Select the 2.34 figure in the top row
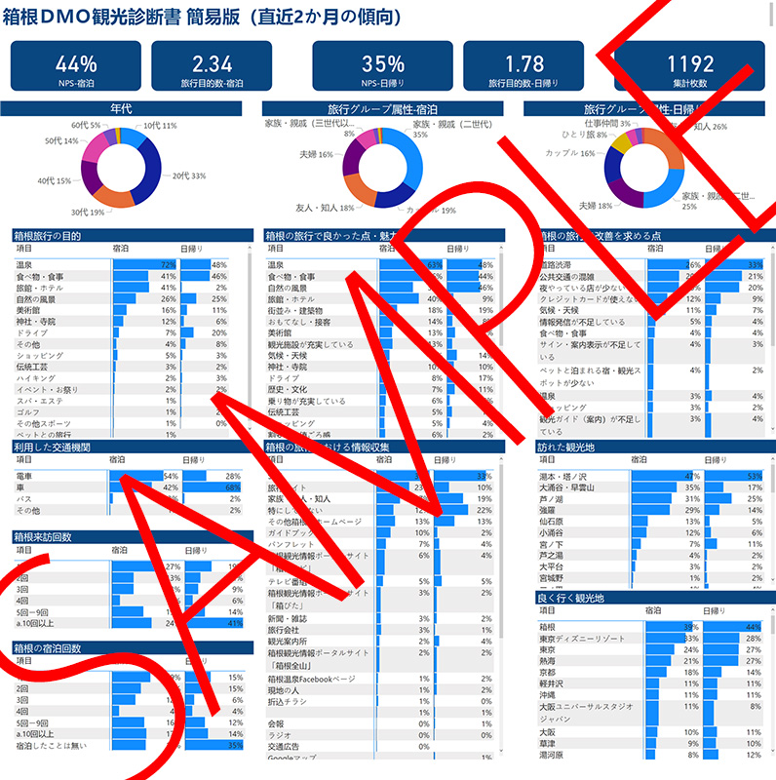pos(213,65)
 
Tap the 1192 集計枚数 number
pos(690,65)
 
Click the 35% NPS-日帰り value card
pos(382,65)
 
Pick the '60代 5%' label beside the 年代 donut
pos(85,126)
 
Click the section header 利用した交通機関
pos(53,447)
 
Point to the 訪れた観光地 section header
pos(564,447)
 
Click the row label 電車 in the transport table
pos(25,475)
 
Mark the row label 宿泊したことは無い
pos(55,746)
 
